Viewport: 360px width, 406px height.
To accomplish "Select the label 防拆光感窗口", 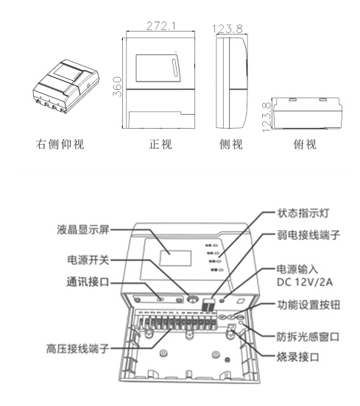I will point(312,336).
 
